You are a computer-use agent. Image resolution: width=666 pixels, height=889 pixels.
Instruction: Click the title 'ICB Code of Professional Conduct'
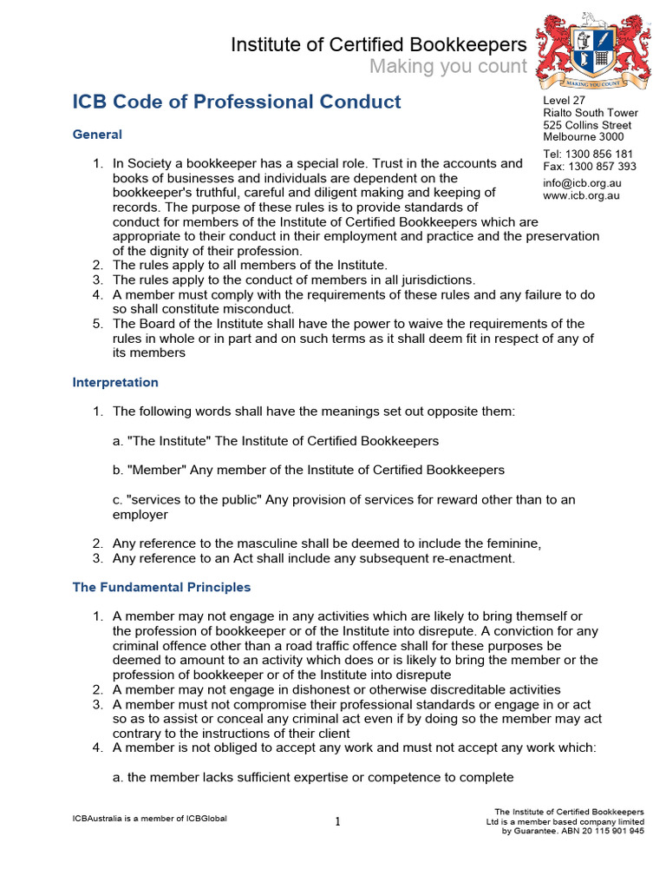click(x=237, y=102)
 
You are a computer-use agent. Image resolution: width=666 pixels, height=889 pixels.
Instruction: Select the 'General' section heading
click(x=97, y=135)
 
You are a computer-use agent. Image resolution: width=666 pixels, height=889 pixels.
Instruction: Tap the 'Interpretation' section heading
click(x=115, y=382)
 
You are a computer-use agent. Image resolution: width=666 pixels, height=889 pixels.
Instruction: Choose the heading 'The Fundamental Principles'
click(x=161, y=587)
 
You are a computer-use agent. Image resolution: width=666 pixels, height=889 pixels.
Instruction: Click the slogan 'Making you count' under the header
click(x=447, y=67)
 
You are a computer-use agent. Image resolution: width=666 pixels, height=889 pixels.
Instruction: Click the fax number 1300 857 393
click(x=602, y=167)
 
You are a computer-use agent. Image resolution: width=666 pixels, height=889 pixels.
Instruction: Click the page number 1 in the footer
click(x=337, y=822)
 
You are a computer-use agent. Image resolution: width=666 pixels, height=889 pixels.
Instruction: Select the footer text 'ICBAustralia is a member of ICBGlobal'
click(x=149, y=818)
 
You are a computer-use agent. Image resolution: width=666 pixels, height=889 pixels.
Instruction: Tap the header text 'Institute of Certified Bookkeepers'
click(x=378, y=44)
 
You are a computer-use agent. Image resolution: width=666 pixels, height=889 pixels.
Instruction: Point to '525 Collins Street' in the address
click(x=586, y=125)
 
